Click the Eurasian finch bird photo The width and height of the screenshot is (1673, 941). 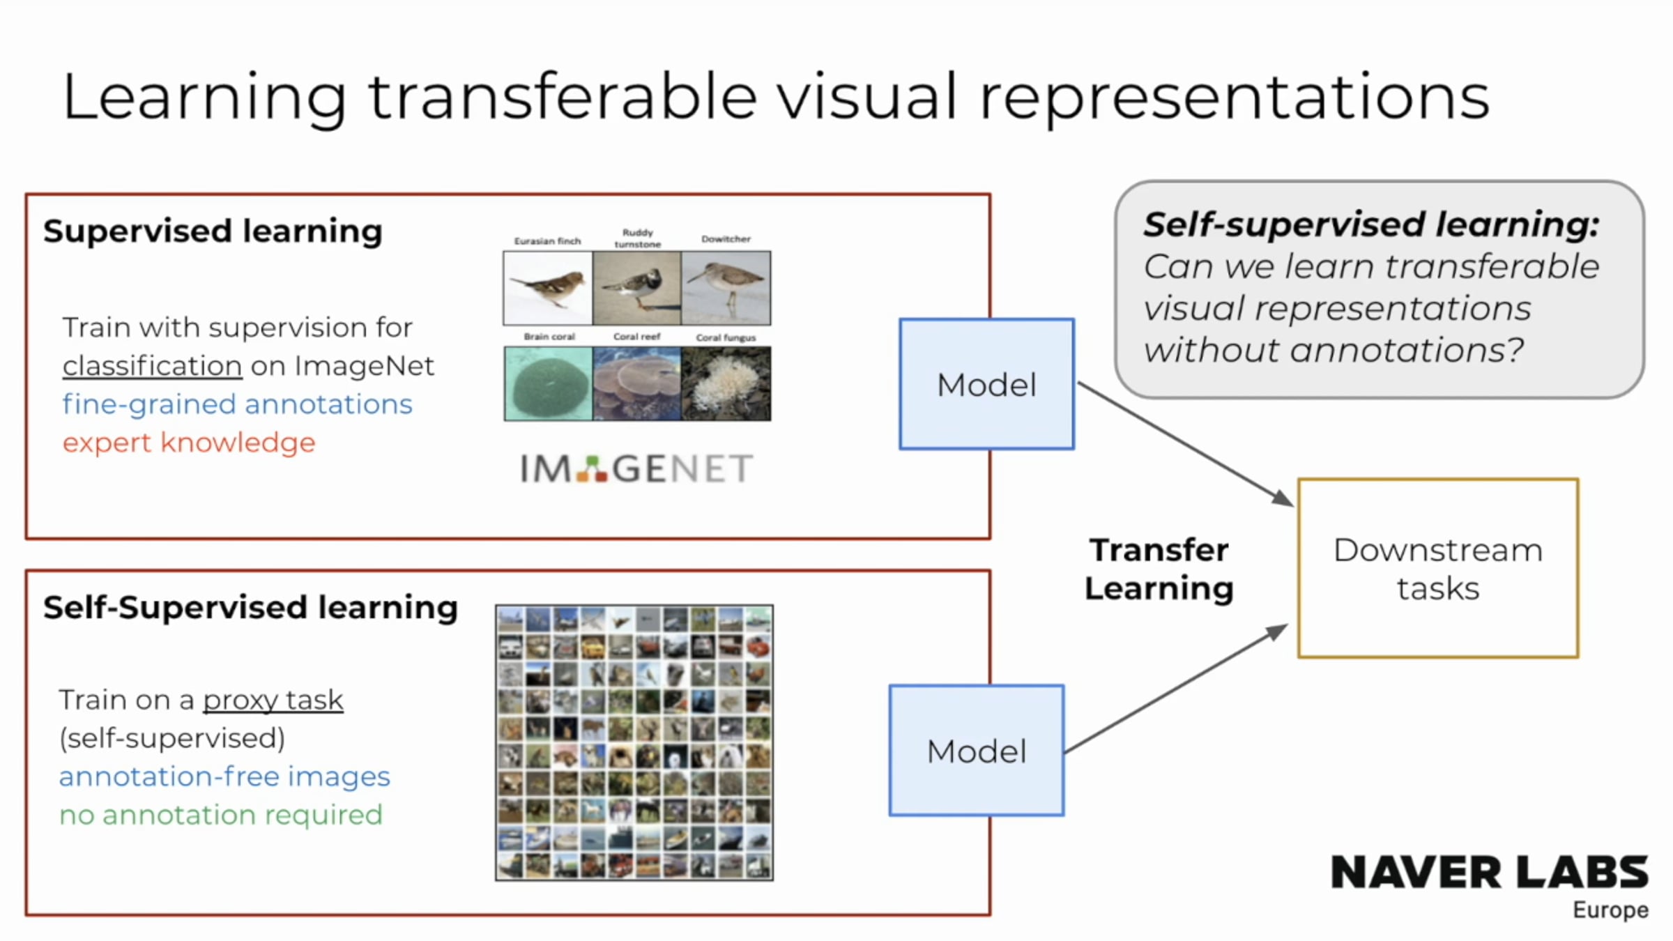548,288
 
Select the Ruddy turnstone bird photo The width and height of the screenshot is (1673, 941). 636,288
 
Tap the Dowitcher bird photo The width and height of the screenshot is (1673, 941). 726,288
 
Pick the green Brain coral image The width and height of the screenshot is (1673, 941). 548,383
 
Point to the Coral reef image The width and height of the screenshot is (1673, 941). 636,383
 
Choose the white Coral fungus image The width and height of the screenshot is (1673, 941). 726,383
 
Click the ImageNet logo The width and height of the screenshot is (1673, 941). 636,468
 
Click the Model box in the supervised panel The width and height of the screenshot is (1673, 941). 986,384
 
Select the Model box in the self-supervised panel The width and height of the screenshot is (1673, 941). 977,751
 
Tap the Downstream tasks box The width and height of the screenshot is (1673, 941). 1438,568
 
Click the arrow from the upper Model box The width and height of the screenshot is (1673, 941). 1186,444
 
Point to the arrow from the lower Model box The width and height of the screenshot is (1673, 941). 1177,689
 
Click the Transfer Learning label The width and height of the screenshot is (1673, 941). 1159,569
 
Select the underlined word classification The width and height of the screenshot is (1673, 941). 152,366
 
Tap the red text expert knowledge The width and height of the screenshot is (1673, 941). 189,443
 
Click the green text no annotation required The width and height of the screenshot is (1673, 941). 221,815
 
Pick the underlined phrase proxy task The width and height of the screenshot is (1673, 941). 273,701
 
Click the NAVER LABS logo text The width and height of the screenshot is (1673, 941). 1490,872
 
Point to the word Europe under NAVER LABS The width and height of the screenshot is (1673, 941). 1610,910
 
